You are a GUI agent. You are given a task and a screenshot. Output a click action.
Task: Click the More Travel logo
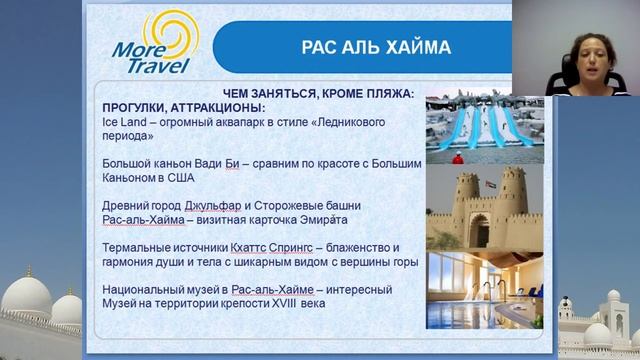tap(155, 46)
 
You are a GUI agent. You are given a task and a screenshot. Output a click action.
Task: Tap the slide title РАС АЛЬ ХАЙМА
tap(362, 47)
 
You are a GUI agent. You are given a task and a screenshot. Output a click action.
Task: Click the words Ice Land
tap(123, 120)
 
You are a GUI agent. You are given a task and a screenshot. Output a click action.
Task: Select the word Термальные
tap(135, 247)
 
